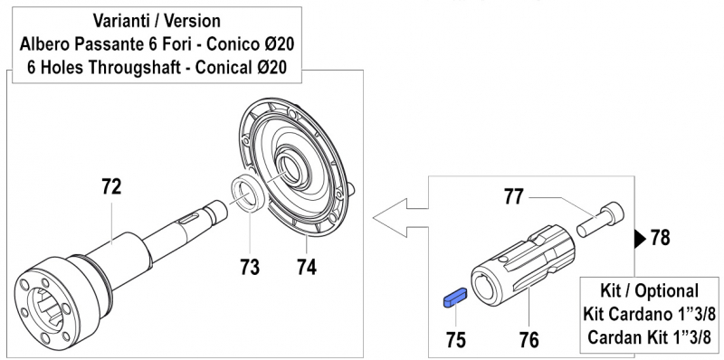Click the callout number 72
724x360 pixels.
tap(111, 188)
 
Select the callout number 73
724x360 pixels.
tap(249, 267)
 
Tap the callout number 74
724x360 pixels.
tap(309, 267)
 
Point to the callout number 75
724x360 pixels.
tap(456, 340)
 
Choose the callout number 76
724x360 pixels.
tap(529, 340)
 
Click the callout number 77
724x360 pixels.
tap(513, 194)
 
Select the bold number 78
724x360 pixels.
tap(662, 239)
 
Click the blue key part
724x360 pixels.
tap(452, 297)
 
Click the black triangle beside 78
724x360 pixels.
tap(639, 239)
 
